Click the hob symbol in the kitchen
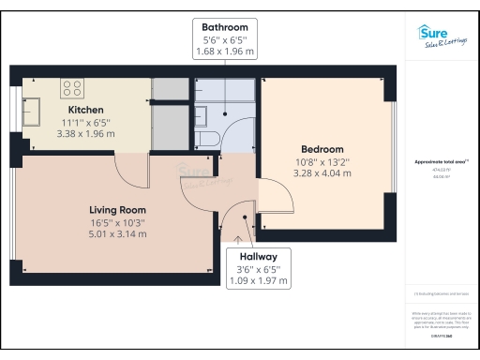(x=73, y=88)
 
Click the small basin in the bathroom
(x=202, y=117)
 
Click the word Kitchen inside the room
(x=85, y=111)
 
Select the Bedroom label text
(x=322, y=149)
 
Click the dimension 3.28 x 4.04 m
(x=322, y=173)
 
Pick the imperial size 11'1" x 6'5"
(x=85, y=123)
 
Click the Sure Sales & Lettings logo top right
(x=440, y=36)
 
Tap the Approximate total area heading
(x=440, y=161)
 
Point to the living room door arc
(x=131, y=169)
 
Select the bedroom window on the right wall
(x=392, y=150)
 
